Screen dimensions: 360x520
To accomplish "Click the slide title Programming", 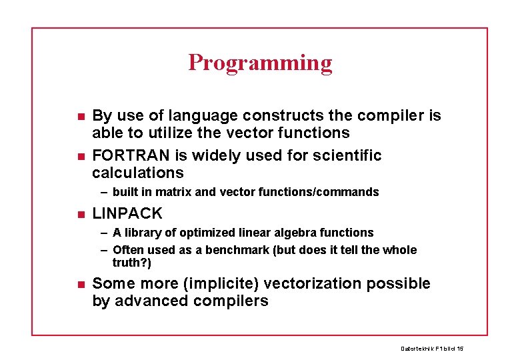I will [260, 63].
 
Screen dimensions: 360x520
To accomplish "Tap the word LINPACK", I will [127, 213].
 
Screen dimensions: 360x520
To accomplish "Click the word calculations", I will [138, 173].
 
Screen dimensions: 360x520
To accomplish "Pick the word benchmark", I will [261, 251].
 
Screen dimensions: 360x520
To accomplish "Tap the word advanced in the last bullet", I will [146, 301].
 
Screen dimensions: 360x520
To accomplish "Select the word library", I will [145, 233].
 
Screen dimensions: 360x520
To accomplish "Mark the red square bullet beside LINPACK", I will [80, 215].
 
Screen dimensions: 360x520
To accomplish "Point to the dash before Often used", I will [105, 251].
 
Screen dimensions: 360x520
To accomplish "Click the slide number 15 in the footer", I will [460, 349].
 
